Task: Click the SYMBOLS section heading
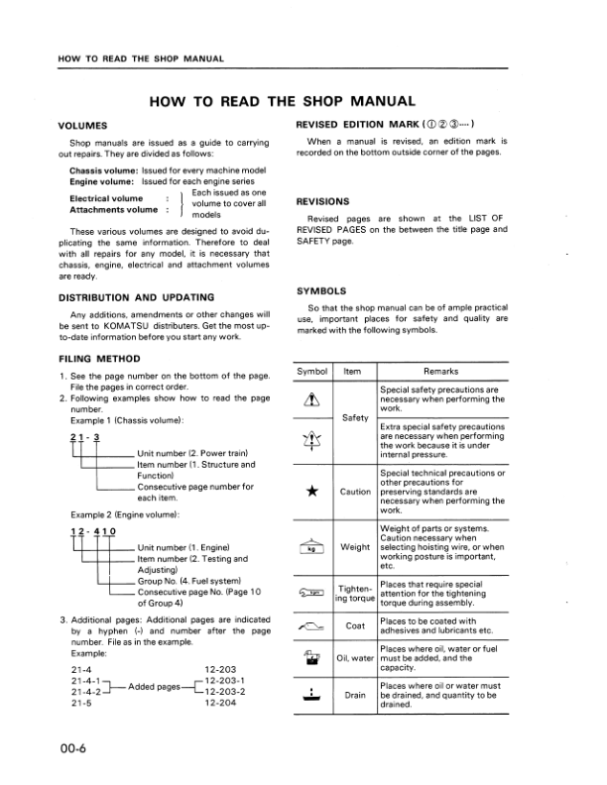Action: point(321,291)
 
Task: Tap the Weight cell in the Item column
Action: point(354,546)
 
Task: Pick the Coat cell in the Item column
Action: point(355,625)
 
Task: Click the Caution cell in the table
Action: point(355,492)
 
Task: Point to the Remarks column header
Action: point(439,372)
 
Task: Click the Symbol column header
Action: point(313,372)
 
